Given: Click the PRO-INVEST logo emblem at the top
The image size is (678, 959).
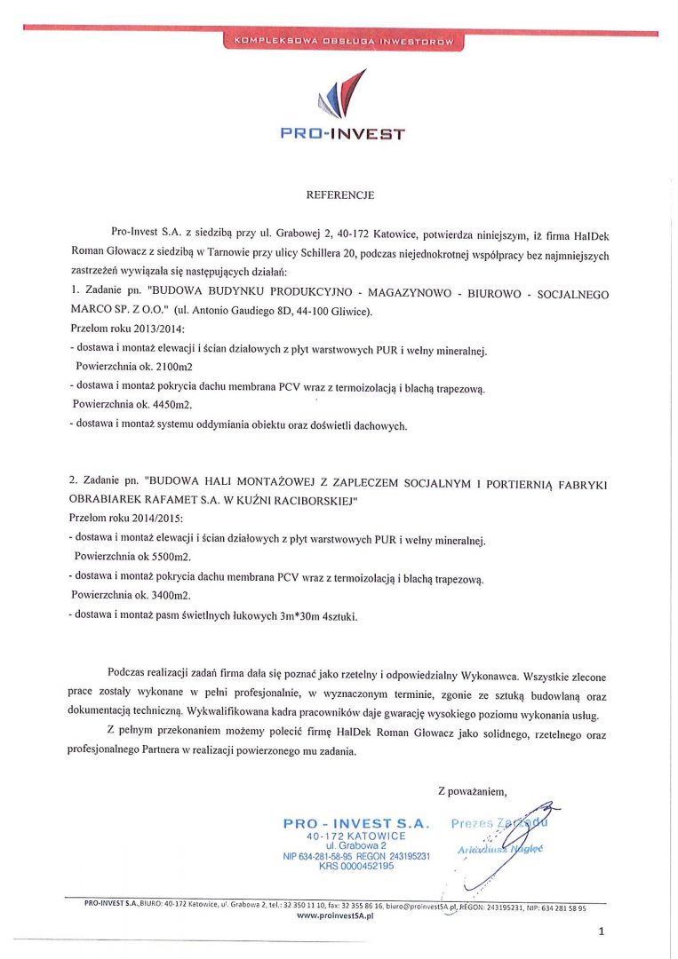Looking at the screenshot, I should pyautogui.click(x=340, y=97).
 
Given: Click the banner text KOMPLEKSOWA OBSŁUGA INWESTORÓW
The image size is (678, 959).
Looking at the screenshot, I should pyautogui.click(x=342, y=41).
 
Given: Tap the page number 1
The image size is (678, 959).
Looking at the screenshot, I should pyautogui.click(x=602, y=931).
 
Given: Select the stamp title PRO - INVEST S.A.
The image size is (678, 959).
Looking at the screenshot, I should pyautogui.click(x=355, y=824).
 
